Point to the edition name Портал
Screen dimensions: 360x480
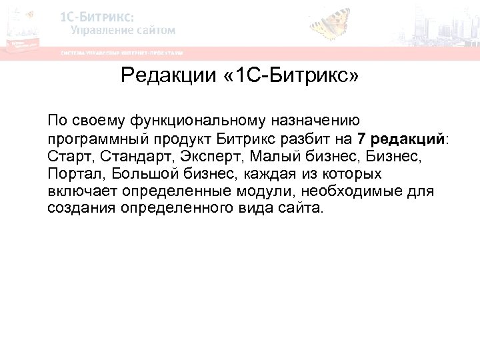(73, 174)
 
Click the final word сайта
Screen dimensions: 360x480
(303, 209)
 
